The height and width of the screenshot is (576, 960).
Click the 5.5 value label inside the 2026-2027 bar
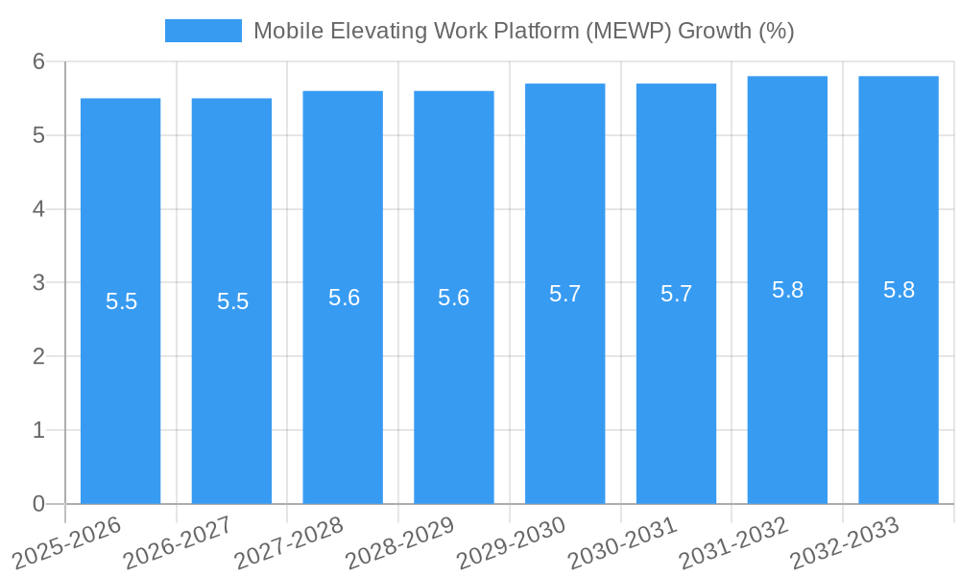(x=232, y=301)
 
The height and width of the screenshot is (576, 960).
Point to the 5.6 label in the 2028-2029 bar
(x=453, y=298)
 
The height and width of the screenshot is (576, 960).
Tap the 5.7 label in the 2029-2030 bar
(x=564, y=294)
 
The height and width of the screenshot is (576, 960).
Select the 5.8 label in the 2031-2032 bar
(x=787, y=290)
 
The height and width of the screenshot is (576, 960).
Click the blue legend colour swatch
(x=203, y=31)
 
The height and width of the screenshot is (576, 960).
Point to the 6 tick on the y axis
(x=39, y=61)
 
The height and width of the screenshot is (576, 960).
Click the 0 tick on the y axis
(x=39, y=504)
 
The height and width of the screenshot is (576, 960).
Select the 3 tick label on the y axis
(x=39, y=283)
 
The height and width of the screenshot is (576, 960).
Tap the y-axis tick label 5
(x=39, y=135)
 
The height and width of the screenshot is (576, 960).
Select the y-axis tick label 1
(x=39, y=430)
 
